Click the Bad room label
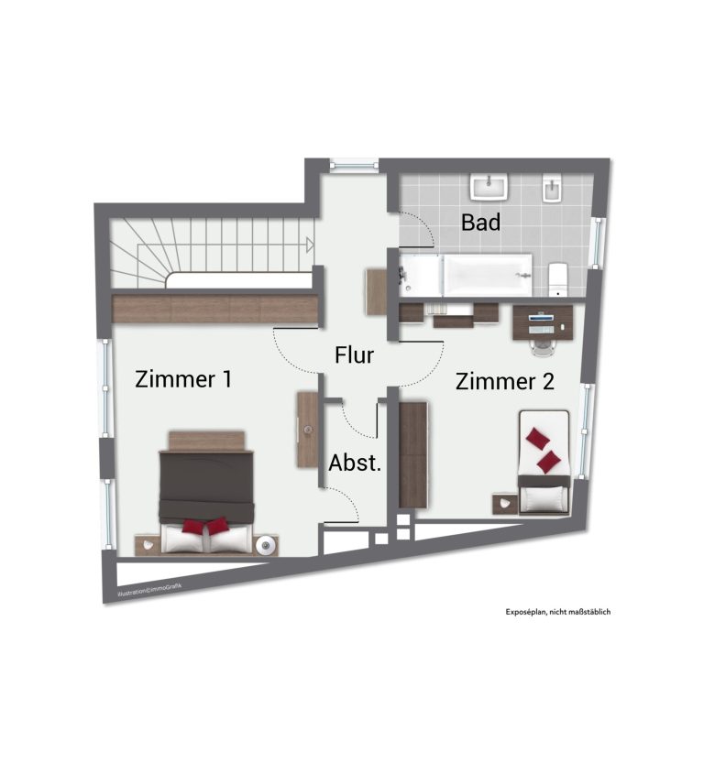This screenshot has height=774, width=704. click(480, 223)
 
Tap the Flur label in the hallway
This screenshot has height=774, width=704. click(354, 354)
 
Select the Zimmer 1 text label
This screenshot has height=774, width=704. click(183, 379)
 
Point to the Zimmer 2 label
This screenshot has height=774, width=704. click(504, 381)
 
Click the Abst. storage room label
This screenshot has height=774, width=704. click(355, 463)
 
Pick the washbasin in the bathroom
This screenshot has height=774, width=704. click(489, 187)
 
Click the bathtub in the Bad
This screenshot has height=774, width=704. click(466, 276)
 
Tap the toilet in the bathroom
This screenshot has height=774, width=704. click(557, 279)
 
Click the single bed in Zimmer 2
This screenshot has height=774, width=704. click(544, 462)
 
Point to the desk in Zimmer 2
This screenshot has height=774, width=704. click(543, 322)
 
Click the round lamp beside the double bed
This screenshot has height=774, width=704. click(266, 545)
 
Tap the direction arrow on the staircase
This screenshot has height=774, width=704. click(310, 245)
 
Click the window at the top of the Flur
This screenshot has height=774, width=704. click(354, 165)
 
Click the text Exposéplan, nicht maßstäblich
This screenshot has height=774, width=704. click(557, 612)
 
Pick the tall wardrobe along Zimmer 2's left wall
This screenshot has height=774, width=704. click(413, 454)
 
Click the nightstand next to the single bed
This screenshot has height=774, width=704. click(505, 505)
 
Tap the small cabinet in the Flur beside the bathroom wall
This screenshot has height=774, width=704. click(376, 291)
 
